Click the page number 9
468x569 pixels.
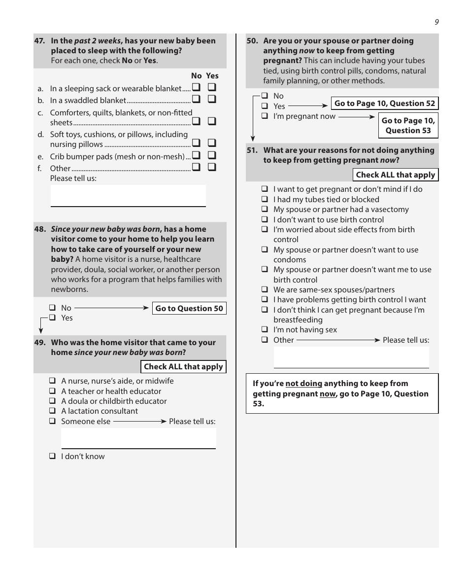tap(436, 22)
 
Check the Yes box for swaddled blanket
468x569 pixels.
tap(212, 99)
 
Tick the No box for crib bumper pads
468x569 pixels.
tap(196, 155)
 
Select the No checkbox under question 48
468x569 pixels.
tap(52, 308)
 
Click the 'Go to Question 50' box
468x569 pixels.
tap(189, 309)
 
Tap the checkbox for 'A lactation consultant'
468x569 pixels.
tap(52, 411)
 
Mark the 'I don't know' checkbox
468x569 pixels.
tap(52, 457)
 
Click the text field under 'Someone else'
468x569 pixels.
tap(138, 438)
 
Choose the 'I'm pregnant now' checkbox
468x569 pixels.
tap(265, 116)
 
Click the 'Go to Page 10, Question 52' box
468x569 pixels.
tap(384, 104)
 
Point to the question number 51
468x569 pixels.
tap(252, 150)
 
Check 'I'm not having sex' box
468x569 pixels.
tap(265, 330)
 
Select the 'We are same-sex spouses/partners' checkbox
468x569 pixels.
tap(265, 290)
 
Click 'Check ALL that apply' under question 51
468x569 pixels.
tap(395, 175)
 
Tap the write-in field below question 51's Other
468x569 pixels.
tap(351, 357)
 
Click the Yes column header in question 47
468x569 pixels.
tap(212, 76)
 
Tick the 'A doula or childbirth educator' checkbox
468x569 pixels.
tap(52, 401)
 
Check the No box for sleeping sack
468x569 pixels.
tap(196, 88)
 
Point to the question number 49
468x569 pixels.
tap(40, 343)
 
